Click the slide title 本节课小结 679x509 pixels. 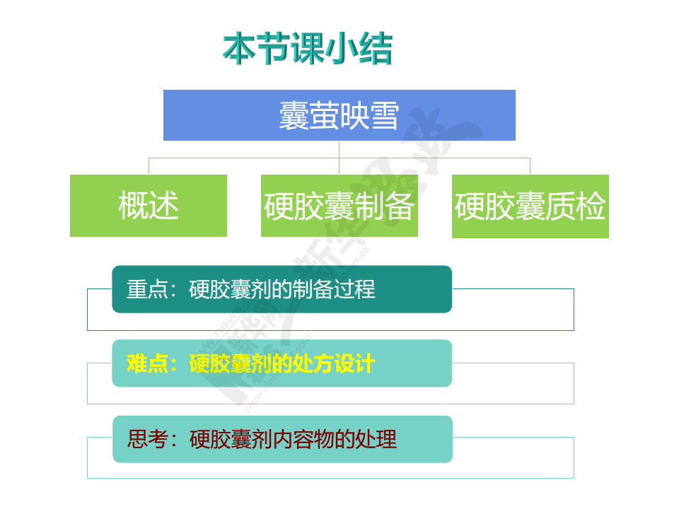(x=308, y=49)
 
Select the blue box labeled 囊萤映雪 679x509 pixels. (x=339, y=115)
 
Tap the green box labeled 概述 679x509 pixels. (x=149, y=206)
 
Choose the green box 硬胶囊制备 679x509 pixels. (x=339, y=206)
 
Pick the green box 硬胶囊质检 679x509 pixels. (x=530, y=206)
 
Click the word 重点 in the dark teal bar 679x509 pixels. (x=147, y=289)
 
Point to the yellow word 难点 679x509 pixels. (x=147, y=363)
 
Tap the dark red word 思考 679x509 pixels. (x=148, y=439)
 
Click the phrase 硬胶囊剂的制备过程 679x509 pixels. (x=282, y=289)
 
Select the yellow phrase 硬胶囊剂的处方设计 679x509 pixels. (x=282, y=363)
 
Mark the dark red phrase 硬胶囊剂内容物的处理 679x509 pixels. (x=293, y=439)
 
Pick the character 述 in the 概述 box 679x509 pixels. (x=163, y=206)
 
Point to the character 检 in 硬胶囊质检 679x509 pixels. (x=590, y=206)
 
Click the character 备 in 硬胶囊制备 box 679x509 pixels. (x=399, y=206)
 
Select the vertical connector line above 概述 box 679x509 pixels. (x=149, y=166)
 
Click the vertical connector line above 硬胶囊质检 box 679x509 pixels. (x=530, y=166)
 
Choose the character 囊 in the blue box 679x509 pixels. (x=294, y=115)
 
